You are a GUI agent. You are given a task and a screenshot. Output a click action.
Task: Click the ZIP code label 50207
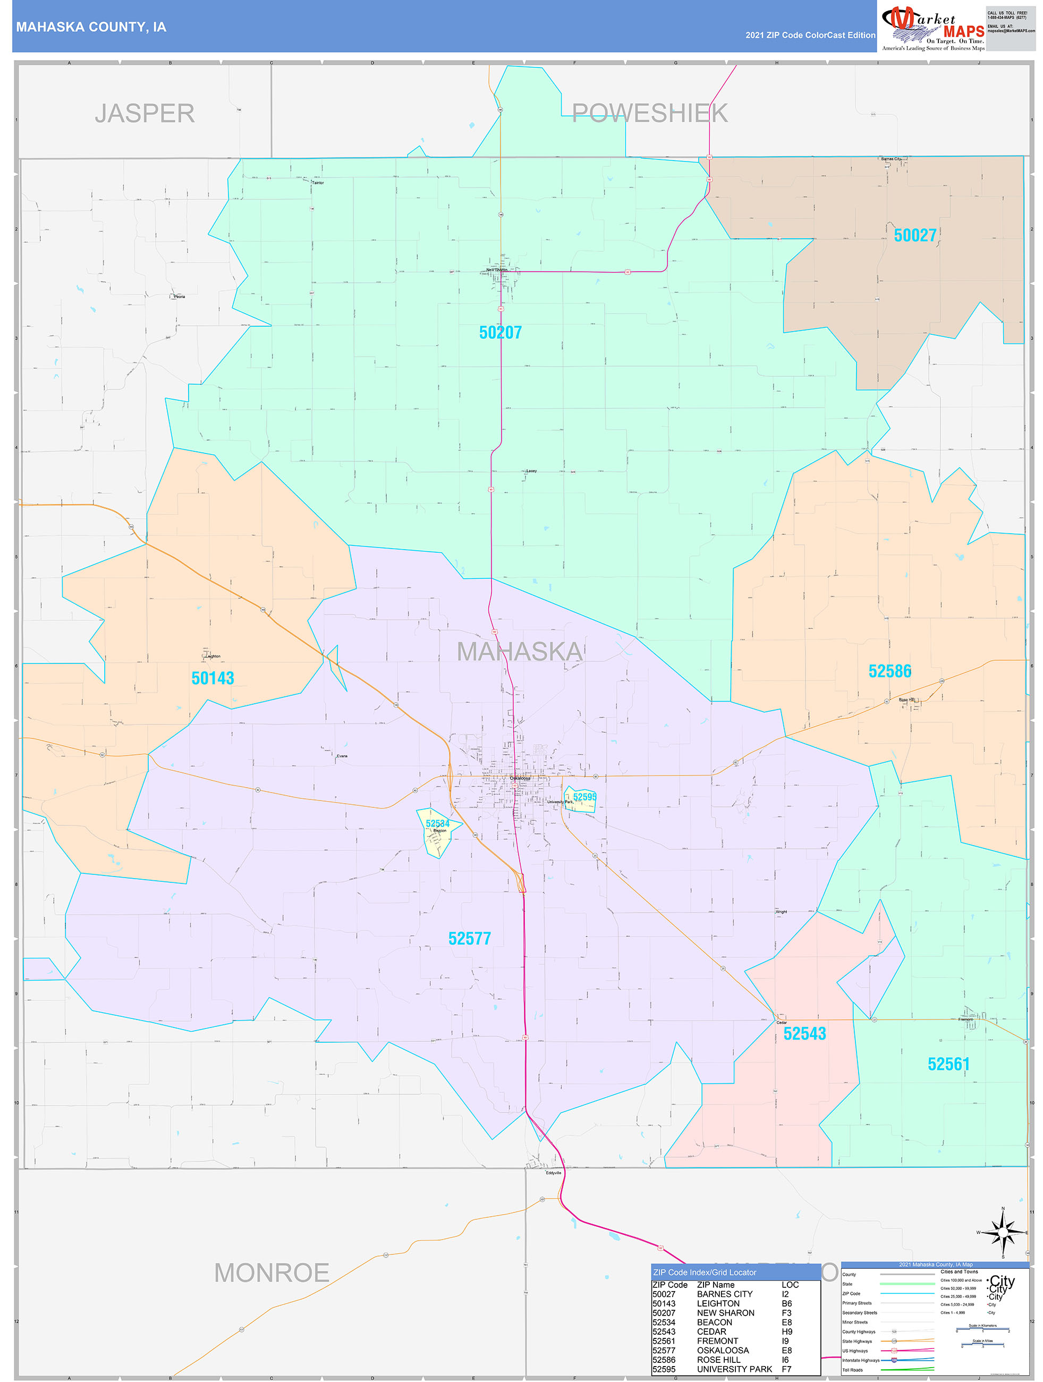click(x=501, y=332)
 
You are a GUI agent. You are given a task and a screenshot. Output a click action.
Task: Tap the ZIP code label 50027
click(x=915, y=235)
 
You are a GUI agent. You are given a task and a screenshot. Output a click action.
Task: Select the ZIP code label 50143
click(x=213, y=678)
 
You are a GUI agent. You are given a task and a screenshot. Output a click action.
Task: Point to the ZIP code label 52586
click(x=889, y=671)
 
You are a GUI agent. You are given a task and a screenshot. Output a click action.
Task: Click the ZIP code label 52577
click(x=469, y=938)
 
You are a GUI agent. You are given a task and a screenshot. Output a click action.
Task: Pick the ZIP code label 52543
click(x=804, y=1033)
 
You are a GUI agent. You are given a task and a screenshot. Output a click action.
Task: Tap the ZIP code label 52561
click(x=948, y=1064)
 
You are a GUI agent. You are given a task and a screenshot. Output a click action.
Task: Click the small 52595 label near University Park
click(x=584, y=797)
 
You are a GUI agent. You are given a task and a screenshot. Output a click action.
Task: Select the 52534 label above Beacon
click(x=437, y=823)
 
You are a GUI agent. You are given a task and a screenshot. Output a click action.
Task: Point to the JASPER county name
click(x=145, y=114)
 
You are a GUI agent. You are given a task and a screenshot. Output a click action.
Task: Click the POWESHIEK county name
click(x=649, y=114)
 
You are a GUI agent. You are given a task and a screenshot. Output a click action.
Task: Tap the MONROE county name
click(x=272, y=1273)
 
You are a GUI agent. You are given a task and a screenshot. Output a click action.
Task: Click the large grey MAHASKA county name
click(x=520, y=652)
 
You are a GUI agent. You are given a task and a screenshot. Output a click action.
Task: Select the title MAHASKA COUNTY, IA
click(x=91, y=27)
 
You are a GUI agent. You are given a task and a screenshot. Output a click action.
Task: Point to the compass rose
click(x=1003, y=1233)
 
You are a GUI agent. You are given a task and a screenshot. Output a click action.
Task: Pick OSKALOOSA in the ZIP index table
click(x=723, y=1350)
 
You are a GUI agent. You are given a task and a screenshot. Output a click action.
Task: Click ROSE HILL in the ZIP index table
click(x=718, y=1360)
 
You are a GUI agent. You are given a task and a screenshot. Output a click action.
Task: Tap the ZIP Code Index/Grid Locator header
click(x=705, y=1272)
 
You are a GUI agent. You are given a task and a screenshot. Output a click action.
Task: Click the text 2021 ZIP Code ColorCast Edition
click(x=810, y=35)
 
